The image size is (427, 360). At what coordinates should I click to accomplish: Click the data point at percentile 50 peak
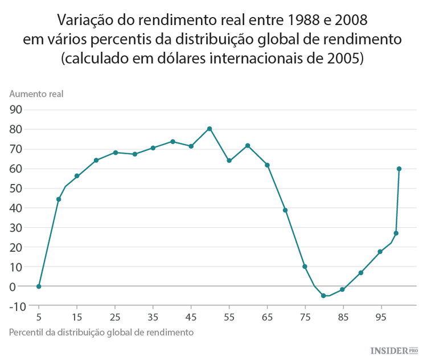210,129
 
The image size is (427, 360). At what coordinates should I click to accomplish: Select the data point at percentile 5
39,287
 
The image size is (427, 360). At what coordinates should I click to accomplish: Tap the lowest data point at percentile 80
323,296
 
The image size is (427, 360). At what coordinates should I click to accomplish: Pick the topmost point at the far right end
399,169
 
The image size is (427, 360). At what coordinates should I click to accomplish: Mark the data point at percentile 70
285,210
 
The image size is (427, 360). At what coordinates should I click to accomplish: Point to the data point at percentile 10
59,199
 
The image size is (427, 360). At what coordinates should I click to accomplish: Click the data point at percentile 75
305,267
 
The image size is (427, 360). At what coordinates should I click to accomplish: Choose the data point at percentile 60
248,146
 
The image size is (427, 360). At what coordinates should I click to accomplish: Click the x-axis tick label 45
191,316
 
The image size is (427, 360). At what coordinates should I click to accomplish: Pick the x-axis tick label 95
380,316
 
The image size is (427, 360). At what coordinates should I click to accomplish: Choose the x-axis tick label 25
115,316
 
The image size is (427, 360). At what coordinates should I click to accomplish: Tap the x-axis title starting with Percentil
102,332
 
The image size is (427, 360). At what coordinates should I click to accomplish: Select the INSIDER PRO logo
395,350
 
